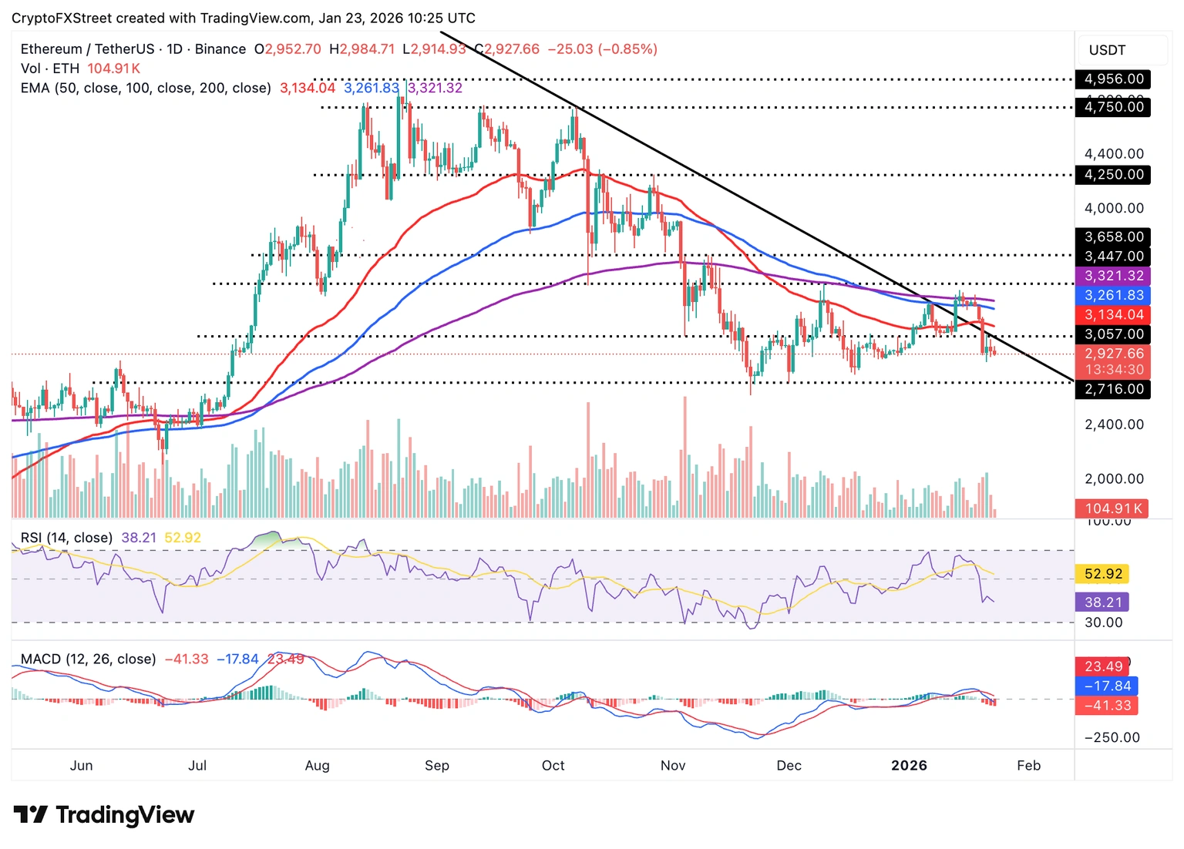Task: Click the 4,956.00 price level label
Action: point(1113,79)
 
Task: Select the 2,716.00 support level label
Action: point(1113,389)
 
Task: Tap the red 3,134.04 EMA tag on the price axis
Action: point(1113,314)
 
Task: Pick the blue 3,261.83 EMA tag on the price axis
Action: point(1113,295)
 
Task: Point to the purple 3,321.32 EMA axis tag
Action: point(1113,276)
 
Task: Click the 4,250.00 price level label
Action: point(1113,175)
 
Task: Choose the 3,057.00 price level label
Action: point(1113,334)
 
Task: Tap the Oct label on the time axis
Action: point(553,765)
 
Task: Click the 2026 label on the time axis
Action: point(909,765)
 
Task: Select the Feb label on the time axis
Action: point(1028,765)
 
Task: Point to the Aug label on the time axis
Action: point(317,765)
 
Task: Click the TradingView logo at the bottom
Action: point(104,814)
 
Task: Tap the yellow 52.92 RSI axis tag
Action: point(1102,574)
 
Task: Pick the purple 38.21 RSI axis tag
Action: point(1102,602)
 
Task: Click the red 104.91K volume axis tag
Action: point(1112,508)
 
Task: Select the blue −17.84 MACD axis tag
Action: point(1106,686)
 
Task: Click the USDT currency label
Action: point(1107,50)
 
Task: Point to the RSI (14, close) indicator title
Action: point(66,538)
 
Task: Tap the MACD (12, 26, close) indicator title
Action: point(88,659)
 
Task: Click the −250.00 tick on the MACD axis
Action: point(1112,737)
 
